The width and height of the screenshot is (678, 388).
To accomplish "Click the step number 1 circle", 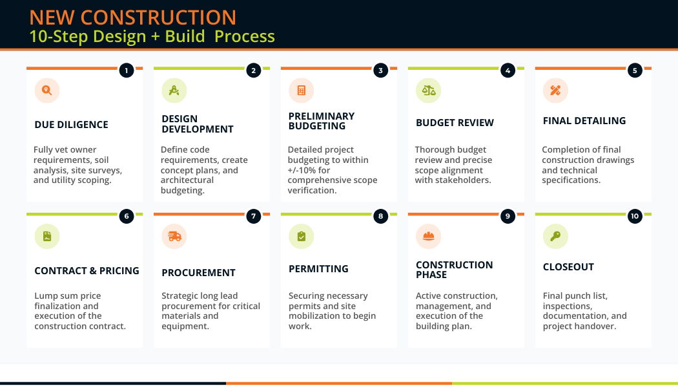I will pyautogui.click(x=127, y=70).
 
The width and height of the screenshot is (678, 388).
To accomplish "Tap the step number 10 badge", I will pyautogui.click(x=635, y=217).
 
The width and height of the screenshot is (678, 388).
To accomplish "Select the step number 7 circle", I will pyautogui.click(x=254, y=217).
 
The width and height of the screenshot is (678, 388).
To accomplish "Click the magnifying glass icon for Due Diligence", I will pyautogui.click(x=47, y=91).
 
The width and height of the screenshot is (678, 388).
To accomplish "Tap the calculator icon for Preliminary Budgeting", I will pyautogui.click(x=302, y=91).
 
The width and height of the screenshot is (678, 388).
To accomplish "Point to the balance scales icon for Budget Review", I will pyautogui.click(x=429, y=91).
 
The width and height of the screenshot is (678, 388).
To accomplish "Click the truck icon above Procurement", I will pyautogui.click(x=174, y=237).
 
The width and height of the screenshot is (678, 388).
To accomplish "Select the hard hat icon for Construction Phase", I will pyautogui.click(x=429, y=237).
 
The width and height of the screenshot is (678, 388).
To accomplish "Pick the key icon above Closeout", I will pyautogui.click(x=555, y=237).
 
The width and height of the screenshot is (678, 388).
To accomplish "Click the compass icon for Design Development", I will pyautogui.click(x=174, y=91).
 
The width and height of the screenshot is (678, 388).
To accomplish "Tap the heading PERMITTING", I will pyautogui.click(x=318, y=269).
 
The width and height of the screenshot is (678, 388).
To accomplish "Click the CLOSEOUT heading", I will pyautogui.click(x=568, y=267).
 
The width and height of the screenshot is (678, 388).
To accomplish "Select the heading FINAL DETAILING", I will pyautogui.click(x=584, y=121).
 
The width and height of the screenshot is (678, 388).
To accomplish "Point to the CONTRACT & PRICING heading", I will pyautogui.click(x=87, y=271).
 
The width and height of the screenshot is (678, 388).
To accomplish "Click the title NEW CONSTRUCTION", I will pyautogui.click(x=133, y=17).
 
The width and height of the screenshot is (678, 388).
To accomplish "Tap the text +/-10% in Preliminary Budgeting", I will pyautogui.click(x=302, y=170).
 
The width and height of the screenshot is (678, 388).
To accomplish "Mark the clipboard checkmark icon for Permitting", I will pyautogui.click(x=302, y=237).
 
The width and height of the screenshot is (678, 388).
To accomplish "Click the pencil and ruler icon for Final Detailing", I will pyautogui.click(x=555, y=91).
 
